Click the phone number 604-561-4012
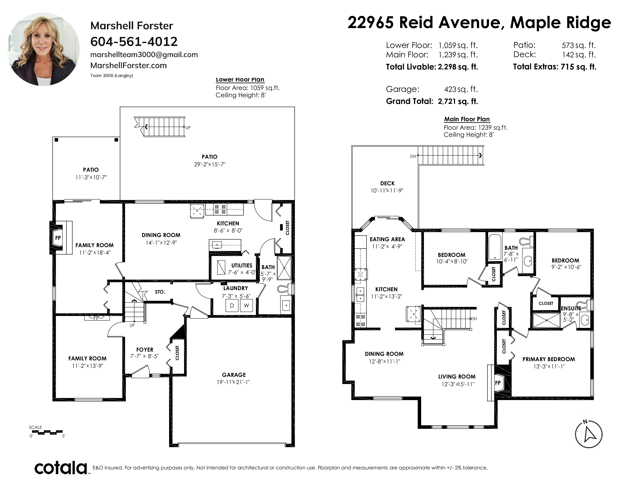(x=134, y=42)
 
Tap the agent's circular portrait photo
(x=43, y=49)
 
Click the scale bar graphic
(x=47, y=432)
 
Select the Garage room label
(x=234, y=375)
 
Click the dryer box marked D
(x=232, y=306)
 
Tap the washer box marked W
(x=246, y=306)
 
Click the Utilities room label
(x=242, y=265)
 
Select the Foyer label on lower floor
(x=145, y=350)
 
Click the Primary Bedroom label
(x=549, y=359)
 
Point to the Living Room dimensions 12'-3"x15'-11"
(x=458, y=384)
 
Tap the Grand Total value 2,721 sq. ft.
(x=458, y=101)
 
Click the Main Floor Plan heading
(x=467, y=119)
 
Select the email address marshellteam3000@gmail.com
(x=144, y=55)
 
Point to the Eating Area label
(x=387, y=239)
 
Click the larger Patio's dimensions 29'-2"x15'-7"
(x=210, y=164)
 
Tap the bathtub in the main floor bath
(x=494, y=247)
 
